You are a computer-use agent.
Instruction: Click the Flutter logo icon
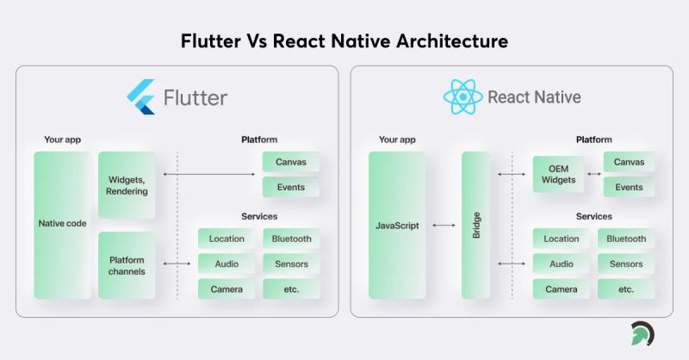tap(140, 97)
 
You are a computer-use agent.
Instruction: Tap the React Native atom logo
tap(462, 97)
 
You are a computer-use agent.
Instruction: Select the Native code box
tap(61, 225)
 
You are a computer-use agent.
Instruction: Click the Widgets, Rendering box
tap(127, 185)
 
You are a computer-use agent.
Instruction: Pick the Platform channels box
tap(127, 265)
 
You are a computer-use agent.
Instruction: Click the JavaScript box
tap(397, 226)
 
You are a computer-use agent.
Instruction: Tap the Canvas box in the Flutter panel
tap(291, 162)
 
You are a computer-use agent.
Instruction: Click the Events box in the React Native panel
tap(629, 187)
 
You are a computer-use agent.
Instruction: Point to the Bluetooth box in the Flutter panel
tap(291, 239)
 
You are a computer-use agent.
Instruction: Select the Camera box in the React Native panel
tap(562, 289)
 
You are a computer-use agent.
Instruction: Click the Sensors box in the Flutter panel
tap(291, 264)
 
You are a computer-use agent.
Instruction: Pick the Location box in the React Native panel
tap(562, 239)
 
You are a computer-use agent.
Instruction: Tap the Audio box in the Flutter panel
tap(226, 264)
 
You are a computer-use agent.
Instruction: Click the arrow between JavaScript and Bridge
tap(444, 226)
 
